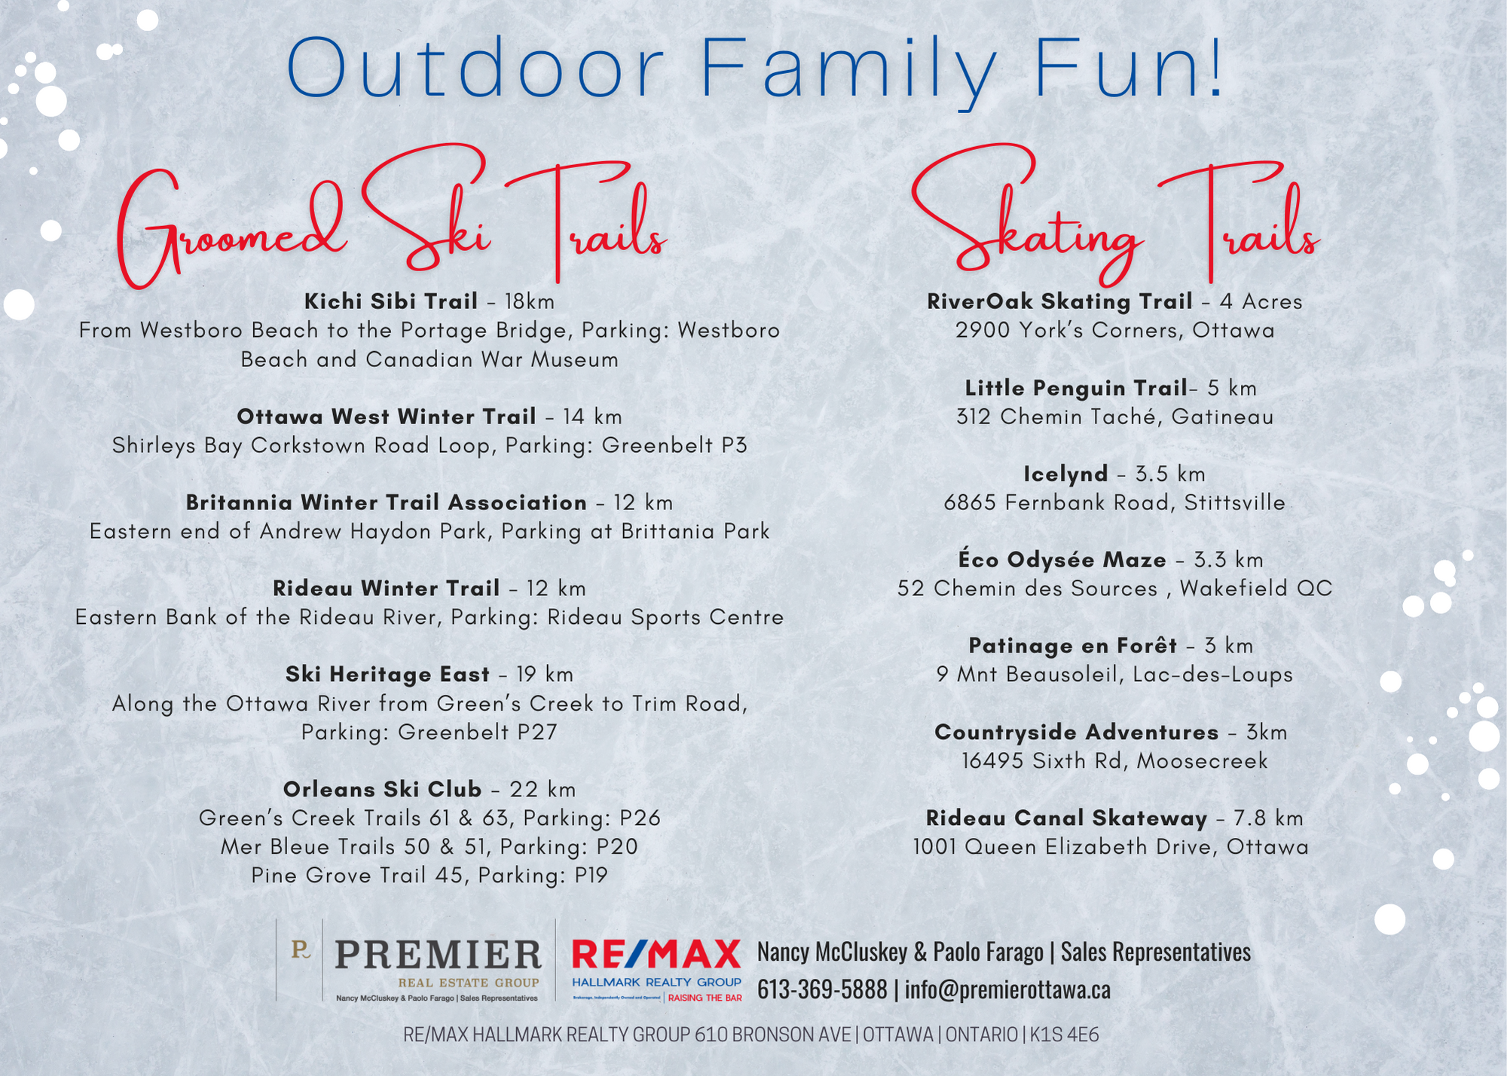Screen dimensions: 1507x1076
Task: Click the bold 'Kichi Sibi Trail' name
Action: [391, 301]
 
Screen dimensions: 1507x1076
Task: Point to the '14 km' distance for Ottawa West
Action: [592, 417]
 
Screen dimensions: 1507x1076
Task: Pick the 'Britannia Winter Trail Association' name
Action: [387, 503]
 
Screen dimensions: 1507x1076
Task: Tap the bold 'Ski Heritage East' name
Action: [387, 674]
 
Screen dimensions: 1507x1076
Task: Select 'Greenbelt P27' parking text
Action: [478, 732]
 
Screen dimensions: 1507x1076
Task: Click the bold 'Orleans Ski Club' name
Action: [382, 790]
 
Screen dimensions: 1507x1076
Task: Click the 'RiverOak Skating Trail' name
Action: [1059, 302]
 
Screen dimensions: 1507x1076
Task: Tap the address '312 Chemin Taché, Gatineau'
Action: [1115, 417]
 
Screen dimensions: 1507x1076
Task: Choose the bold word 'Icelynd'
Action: [1065, 474]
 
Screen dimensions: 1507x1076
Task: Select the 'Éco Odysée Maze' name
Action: [1062, 559]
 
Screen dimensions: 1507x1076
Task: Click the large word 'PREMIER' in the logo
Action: [438, 955]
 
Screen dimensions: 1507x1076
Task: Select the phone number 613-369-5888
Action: [822, 990]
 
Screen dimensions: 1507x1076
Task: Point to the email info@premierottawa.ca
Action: [1007, 990]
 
